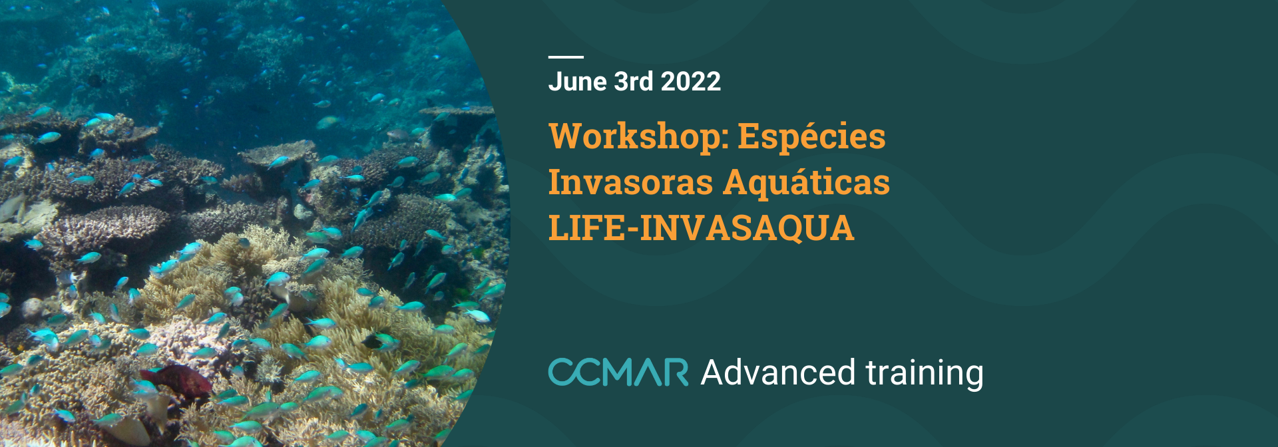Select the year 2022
pyautogui.click(x=691, y=82)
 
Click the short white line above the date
pyautogui.click(x=566, y=57)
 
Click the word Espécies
pyautogui.click(x=811, y=138)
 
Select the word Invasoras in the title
pyautogui.click(x=630, y=182)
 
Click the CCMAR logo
pyautogui.click(x=618, y=372)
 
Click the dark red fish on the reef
pyautogui.click(x=177, y=380)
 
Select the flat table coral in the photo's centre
pyautogui.click(x=276, y=154)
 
